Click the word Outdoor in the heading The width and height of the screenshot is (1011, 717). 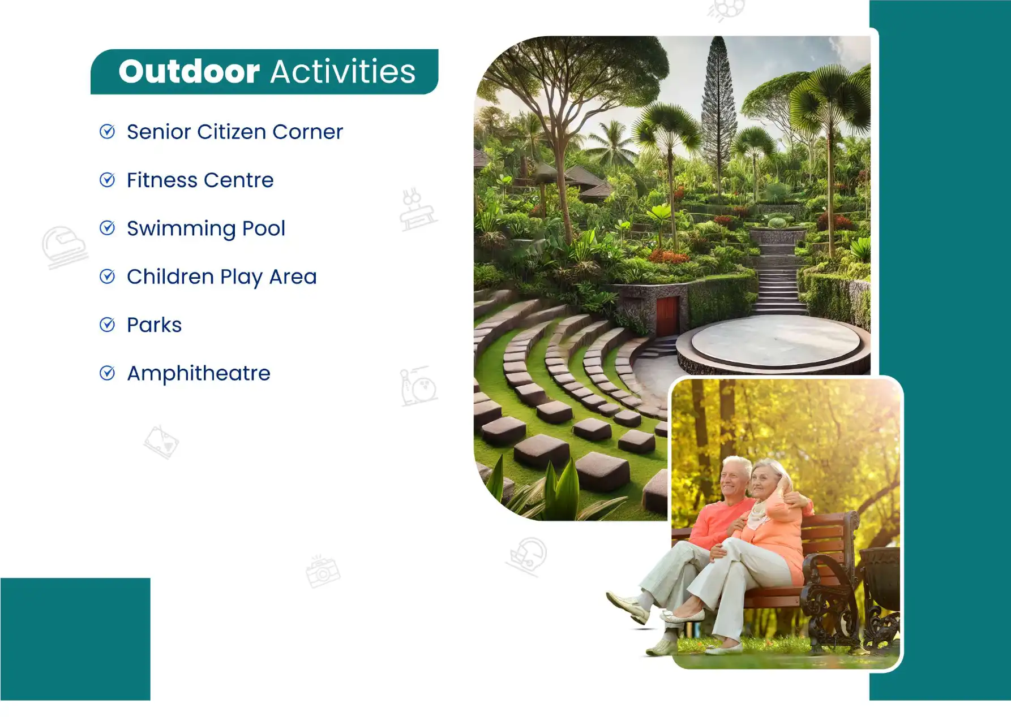click(189, 72)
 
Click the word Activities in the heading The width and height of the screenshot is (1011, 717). click(343, 72)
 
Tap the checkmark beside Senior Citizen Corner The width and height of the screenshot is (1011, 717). click(107, 131)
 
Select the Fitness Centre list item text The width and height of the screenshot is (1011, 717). click(200, 180)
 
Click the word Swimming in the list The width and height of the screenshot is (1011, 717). click(181, 229)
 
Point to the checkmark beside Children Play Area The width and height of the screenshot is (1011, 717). click(107, 277)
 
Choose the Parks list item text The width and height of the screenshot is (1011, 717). click(155, 325)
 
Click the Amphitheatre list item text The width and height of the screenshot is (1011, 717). click(199, 373)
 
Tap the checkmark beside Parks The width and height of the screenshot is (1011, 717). click(107, 325)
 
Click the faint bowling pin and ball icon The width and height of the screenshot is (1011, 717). click(418, 386)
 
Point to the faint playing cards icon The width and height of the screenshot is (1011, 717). click(161, 442)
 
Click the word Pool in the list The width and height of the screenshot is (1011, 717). click(264, 228)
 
